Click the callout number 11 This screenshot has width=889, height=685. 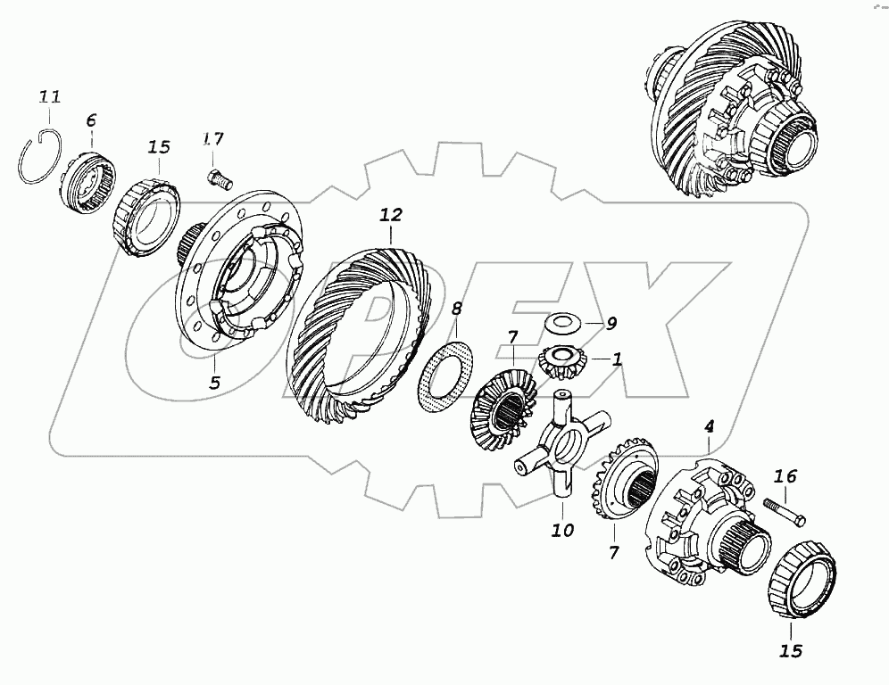(49, 97)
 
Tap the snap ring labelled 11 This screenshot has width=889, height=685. (22, 170)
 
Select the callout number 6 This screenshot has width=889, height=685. (91, 120)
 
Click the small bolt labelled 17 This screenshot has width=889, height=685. (220, 177)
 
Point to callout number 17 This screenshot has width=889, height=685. (213, 139)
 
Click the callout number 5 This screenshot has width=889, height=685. (214, 383)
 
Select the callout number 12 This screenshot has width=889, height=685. (391, 215)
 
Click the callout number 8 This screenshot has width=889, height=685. (456, 309)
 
